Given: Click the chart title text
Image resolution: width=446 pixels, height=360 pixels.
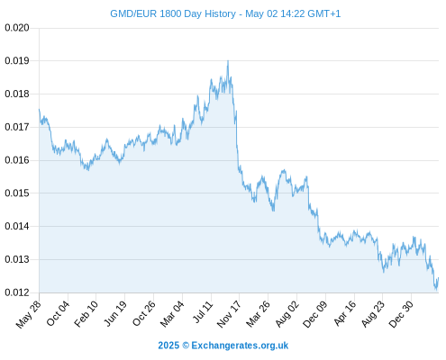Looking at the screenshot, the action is coord(225,13).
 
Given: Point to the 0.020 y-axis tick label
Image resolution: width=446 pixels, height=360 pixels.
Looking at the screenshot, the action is coord(17,28).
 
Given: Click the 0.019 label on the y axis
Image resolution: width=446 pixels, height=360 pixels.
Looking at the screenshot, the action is coord(17,61).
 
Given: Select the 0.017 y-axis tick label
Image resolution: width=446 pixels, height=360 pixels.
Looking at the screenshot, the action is coord(17,127).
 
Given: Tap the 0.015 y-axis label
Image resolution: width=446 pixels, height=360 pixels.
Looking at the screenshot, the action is coord(17,193).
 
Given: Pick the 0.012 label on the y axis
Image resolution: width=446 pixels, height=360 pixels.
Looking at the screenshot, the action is coord(17,292).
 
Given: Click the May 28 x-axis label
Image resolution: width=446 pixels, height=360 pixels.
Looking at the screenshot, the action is coord(29,314).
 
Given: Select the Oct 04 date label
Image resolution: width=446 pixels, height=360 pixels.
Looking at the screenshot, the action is coord(58,313).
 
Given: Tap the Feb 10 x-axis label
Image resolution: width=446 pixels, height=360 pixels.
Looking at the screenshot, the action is coord(86,314).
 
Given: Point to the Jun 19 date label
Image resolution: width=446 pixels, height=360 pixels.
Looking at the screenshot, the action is coord(114,314).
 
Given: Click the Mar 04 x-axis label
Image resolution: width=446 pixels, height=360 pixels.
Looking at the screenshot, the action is coord(172,314).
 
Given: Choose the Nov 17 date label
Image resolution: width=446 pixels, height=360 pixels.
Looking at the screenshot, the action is coord(229,314).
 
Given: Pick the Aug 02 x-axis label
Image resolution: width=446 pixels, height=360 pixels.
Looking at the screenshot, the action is coord(287,314).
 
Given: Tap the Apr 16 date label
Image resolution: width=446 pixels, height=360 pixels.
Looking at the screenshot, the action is coord(345,313).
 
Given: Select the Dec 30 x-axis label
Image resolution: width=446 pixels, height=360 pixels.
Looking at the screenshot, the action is coord(401,314).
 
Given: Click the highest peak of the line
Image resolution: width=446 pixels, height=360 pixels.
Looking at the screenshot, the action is coord(228,61).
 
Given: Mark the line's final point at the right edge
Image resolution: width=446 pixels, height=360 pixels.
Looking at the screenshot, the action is coord(439,278).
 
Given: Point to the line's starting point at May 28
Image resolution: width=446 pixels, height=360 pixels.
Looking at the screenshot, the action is coord(39,109).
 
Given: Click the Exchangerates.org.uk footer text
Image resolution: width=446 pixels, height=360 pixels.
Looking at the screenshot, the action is coord(240,346).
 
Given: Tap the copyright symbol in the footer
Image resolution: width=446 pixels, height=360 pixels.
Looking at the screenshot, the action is coord(186,346).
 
